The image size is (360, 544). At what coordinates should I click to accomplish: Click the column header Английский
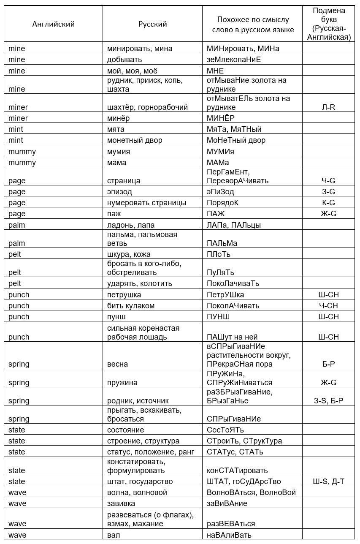(53, 24)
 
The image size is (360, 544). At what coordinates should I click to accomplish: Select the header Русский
(153, 24)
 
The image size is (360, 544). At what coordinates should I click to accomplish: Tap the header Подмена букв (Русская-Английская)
(328, 24)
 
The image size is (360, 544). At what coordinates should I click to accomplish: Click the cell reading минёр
(119, 118)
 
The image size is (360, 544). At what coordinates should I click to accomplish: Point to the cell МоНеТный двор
(236, 140)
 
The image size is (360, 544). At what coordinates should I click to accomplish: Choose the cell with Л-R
(328, 107)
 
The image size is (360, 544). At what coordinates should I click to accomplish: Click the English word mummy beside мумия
(22, 151)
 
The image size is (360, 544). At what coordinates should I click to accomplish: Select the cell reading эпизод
(119, 192)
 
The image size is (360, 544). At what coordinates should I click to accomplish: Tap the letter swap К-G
(328, 203)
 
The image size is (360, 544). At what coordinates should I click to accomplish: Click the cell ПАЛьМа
(222, 243)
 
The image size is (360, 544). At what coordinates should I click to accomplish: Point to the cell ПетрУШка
(225, 295)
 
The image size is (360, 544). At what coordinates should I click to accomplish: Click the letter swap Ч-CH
(328, 306)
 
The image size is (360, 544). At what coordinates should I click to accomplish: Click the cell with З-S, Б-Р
(328, 400)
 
